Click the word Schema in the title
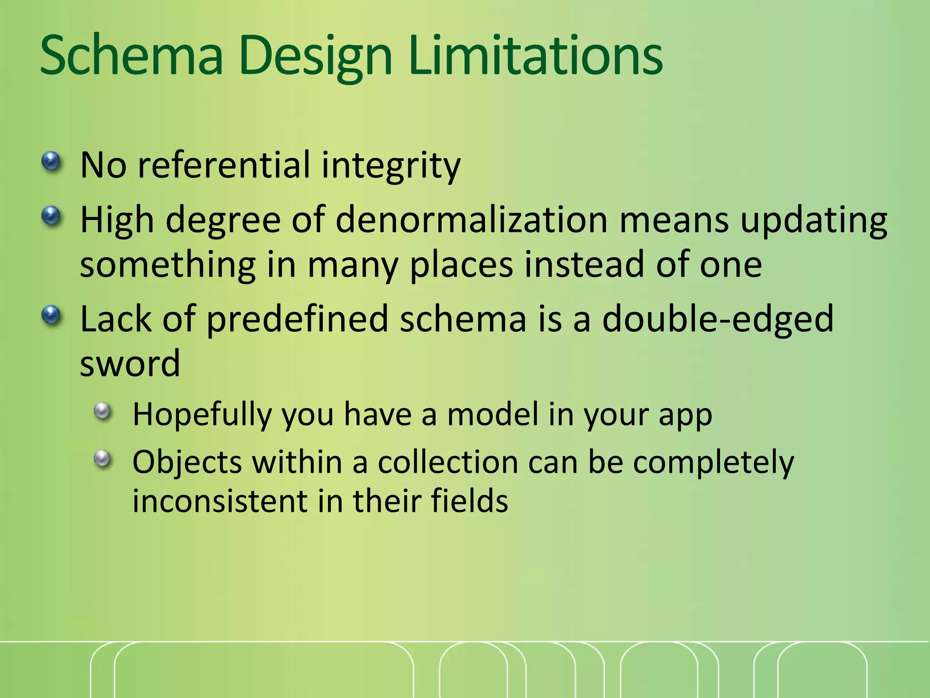132,57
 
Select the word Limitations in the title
536,57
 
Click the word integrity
391,166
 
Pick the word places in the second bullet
461,265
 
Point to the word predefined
297,320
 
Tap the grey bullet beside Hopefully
103,412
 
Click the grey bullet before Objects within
103,459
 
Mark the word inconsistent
220,502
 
